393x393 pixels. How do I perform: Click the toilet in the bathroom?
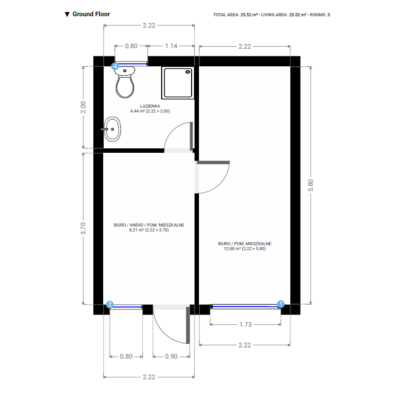[125, 82]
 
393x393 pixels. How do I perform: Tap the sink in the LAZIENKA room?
[112, 129]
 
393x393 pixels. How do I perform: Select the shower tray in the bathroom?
[178, 83]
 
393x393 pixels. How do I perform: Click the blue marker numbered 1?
[281, 304]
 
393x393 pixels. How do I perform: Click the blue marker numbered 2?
[110, 304]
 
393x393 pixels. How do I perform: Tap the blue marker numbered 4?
[115, 66]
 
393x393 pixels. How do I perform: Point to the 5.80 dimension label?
[310, 185]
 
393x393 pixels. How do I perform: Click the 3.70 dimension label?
[83, 228]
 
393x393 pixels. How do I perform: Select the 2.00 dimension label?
[83, 107]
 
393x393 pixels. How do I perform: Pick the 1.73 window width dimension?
[245, 325]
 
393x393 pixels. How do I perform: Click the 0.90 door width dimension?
[171, 357]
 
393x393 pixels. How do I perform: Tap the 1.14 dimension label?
[171, 46]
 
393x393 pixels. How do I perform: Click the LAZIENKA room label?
[150, 106]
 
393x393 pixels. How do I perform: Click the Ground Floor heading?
[91, 14]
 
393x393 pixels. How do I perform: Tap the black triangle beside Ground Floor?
[67, 14]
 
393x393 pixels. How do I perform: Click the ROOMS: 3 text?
[320, 15]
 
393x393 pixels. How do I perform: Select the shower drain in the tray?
[188, 72]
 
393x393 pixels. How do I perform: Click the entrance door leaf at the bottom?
[188, 325]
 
